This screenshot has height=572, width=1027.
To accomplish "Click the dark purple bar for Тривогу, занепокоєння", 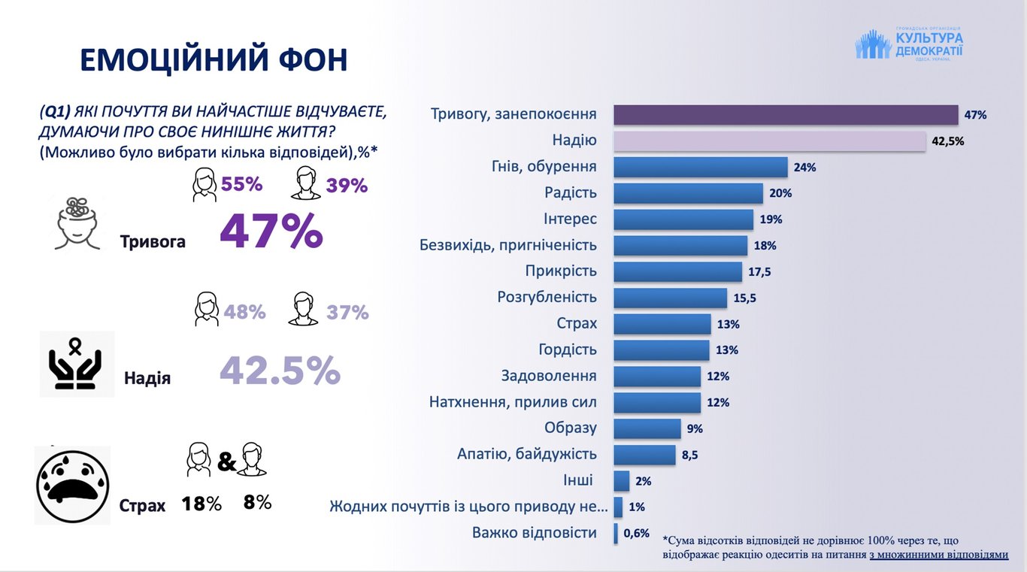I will (x=786, y=115).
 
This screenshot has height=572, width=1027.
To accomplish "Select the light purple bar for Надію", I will (x=769, y=141).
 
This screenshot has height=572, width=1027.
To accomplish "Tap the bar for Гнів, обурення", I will (x=700, y=167).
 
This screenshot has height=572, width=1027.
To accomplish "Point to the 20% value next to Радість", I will (x=780, y=193).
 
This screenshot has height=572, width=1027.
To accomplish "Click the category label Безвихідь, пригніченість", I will (x=507, y=245).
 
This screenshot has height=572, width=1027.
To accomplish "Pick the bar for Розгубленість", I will (x=670, y=298).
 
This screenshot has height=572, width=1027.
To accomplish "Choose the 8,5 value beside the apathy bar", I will (x=689, y=455).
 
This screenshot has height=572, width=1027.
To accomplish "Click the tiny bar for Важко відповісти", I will (x=616, y=534).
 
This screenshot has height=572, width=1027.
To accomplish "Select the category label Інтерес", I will (x=570, y=219).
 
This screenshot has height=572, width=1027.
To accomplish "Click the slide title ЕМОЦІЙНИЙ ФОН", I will (x=214, y=60).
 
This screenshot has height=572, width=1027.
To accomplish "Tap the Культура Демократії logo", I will (x=909, y=44).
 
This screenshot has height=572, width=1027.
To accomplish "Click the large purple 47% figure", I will (x=271, y=232).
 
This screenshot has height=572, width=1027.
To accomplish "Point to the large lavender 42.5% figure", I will (x=280, y=370).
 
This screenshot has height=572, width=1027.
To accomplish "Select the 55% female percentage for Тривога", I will (x=241, y=184).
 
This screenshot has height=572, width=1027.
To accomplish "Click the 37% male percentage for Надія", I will (x=347, y=312).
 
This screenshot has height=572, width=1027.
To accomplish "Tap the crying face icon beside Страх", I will (x=72, y=486).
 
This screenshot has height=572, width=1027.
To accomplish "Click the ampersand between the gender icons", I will (x=226, y=462).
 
